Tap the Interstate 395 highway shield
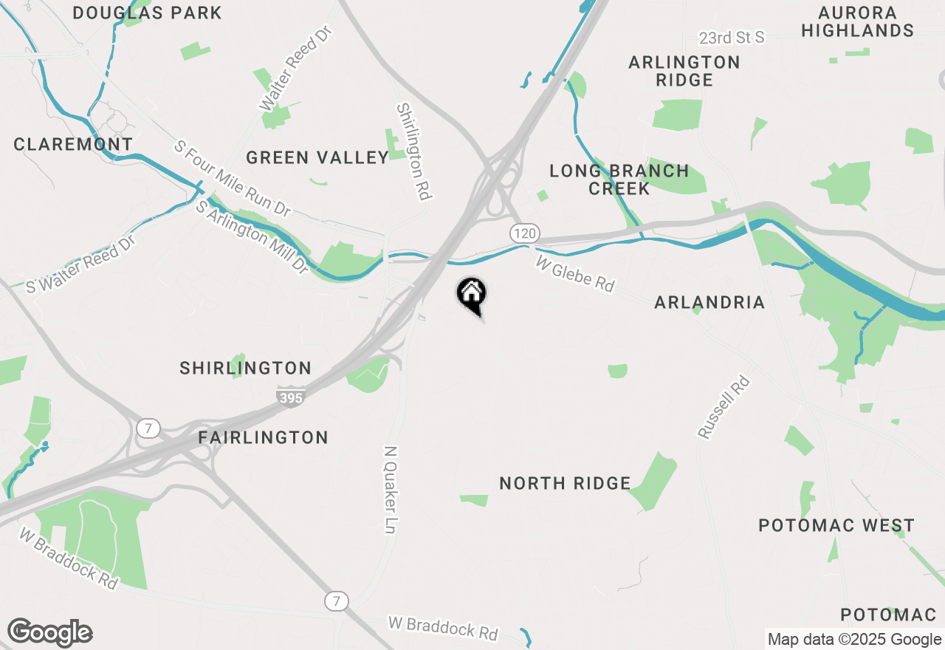click(292, 398)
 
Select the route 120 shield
click(523, 233)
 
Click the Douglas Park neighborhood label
click(148, 13)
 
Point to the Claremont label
click(73, 144)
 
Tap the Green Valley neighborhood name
click(317, 157)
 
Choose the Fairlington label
click(264, 437)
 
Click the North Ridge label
click(565, 483)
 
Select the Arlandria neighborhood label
click(709, 302)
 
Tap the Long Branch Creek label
click(619, 179)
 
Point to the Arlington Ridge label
click(684, 71)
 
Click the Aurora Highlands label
click(858, 21)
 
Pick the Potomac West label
click(836, 525)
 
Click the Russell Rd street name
click(724, 408)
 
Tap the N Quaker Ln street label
click(391, 489)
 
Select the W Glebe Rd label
click(575, 274)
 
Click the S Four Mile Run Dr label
click(232, 179)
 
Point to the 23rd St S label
click(732, 37)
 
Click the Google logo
click(49, 633)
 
